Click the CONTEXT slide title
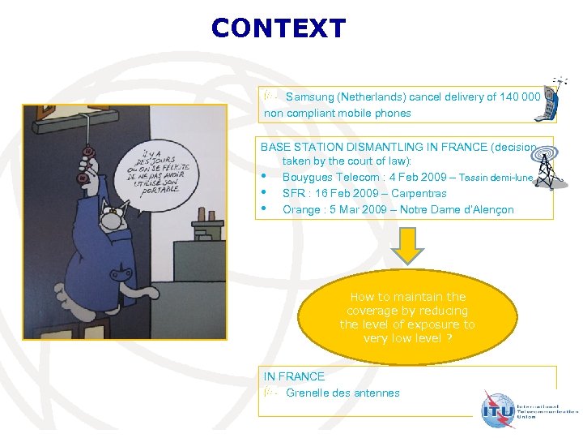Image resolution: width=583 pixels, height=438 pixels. [278, 29]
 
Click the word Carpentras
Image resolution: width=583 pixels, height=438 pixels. [419, 194]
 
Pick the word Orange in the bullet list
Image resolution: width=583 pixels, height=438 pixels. [300, 210]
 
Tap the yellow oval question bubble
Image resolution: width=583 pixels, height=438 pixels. [407, 317]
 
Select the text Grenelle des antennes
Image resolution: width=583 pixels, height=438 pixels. [343, 393]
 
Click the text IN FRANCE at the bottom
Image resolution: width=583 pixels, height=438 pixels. [294, 376]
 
